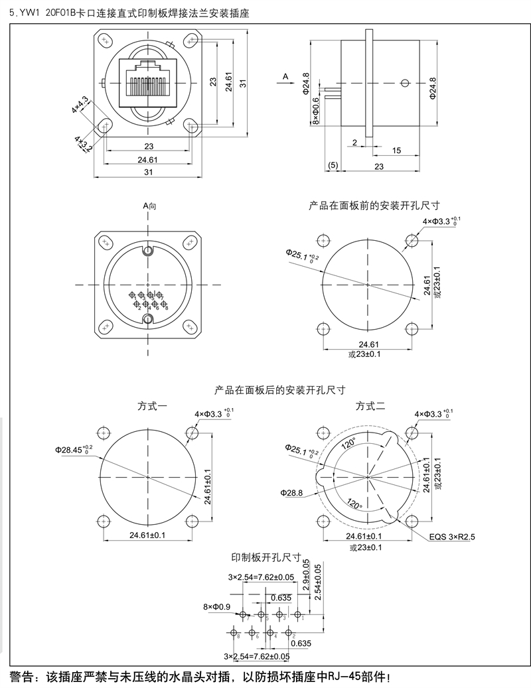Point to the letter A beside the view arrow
(x=285, y=77)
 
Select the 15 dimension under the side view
(x=396, y=151)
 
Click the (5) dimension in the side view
(x=333, y=165)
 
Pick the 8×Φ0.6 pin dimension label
(x=315, y=109)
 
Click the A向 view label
(x=150, y=206)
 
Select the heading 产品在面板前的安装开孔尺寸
(x=374, y=206)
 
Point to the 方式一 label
(x=153, y=405)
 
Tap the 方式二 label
(x=370, y=405)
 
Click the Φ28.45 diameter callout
(x=74, y=449)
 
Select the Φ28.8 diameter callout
(x=291, y=492)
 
